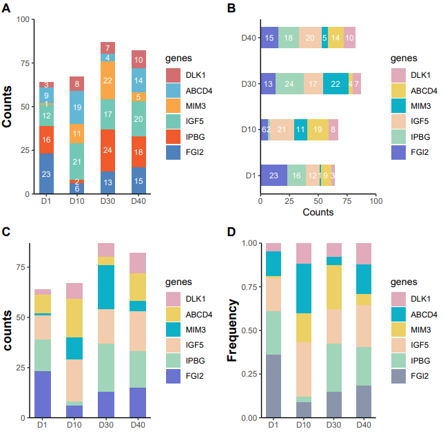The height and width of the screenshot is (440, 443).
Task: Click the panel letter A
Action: coord(6,8)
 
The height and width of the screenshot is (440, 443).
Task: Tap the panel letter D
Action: coord(231,231)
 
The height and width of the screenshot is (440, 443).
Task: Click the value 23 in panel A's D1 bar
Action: coord(46,174)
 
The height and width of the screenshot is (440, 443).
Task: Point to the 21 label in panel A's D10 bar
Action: coord(77,163)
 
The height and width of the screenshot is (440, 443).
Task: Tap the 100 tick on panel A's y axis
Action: coord(21,19)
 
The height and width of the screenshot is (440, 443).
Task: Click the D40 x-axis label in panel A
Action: coord(139,202)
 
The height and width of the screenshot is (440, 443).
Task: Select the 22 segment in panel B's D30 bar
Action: coord(336,83)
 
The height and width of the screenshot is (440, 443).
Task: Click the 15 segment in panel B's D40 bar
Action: coord(269,38)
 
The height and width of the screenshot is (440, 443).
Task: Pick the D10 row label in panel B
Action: coord(249,129)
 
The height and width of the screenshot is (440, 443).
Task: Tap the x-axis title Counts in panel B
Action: coord(318,213)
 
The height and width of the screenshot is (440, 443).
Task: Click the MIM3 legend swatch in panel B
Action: coord(398,105)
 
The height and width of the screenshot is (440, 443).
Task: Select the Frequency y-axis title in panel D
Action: coord(232,331)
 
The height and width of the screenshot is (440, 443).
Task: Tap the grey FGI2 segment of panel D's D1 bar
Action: coord(274,386)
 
